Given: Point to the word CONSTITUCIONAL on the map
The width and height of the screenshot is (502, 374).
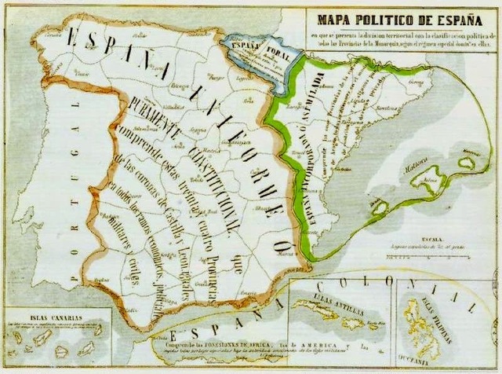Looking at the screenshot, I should point(206,174).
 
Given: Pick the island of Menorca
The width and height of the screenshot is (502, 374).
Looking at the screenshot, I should point(467,162).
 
